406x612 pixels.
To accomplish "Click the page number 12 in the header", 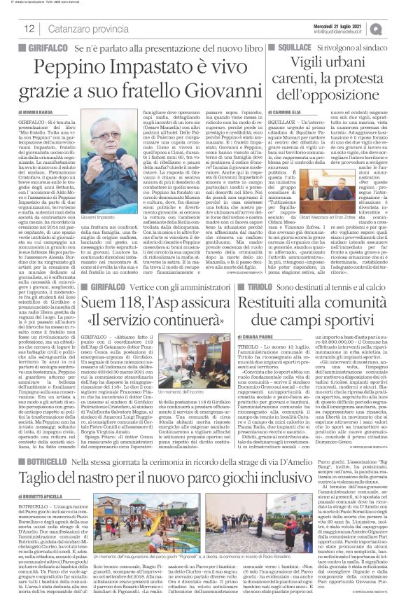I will click(30, 29).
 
